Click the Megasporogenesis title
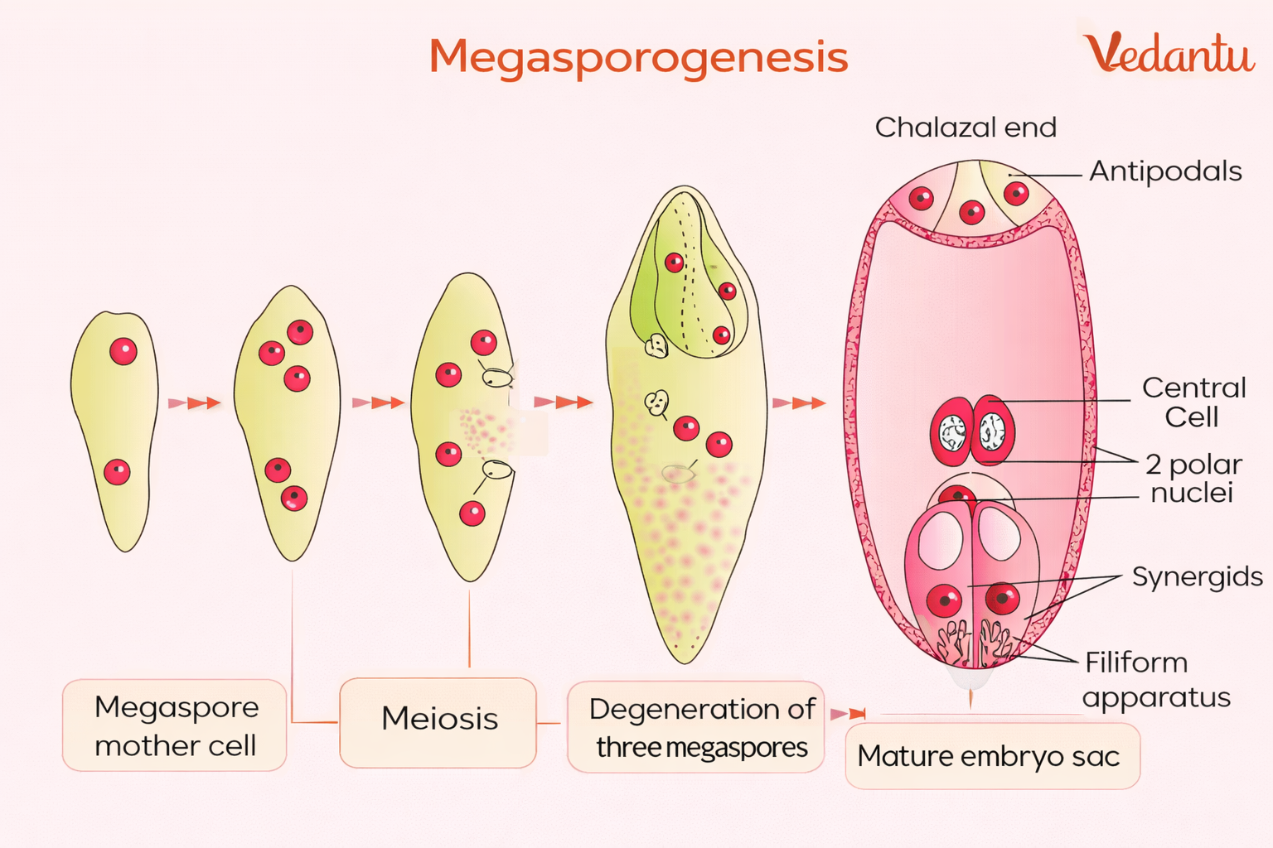(x=638, y=57)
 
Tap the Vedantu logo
(x=1169, y=53)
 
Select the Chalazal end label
(x=966, y=128)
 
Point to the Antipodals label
(x=1164, y=171)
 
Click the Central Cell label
(x=1193, y=402)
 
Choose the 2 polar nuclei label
(x=1193, y=478)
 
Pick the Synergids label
(x=1197, y=576)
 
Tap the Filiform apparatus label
(x=1156, y=679)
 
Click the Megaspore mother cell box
(x=175, y=725)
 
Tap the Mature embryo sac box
(x=992, y=756)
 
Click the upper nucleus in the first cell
(x=123, y=351)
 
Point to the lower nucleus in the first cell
(x=117, y=472)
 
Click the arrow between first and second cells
(x=195, y=403)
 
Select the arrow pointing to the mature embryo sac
(x=799, y=403)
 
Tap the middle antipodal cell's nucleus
(x=971, y=213)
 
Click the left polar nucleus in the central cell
(x=951, y=431)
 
